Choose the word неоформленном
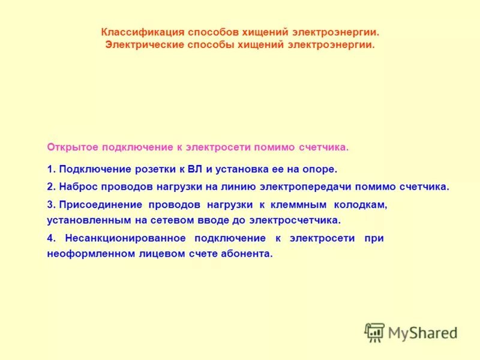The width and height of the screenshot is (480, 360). coord(83,254)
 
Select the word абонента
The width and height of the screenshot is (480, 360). coord(248,254)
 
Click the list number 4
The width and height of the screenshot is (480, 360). coord(50,238)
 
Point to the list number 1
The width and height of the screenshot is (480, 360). coord(50,170)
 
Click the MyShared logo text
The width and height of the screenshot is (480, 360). coord(422,332)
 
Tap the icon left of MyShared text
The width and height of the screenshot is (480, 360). coord(375,332)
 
